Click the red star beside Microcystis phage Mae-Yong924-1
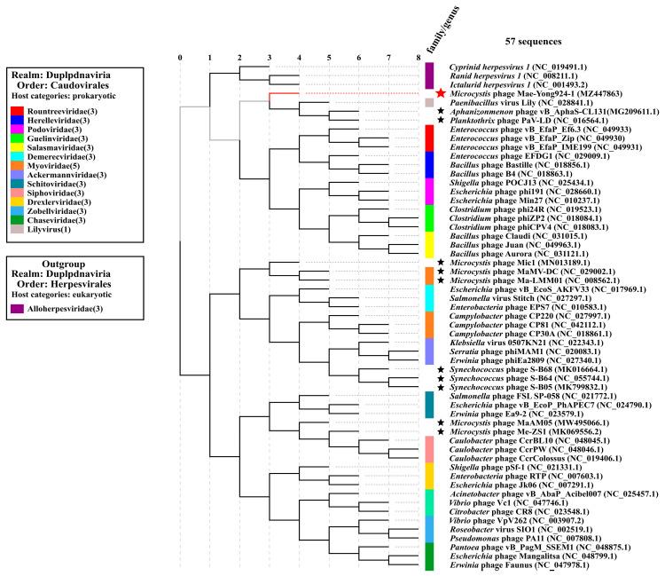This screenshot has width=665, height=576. (x=441, y=92)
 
